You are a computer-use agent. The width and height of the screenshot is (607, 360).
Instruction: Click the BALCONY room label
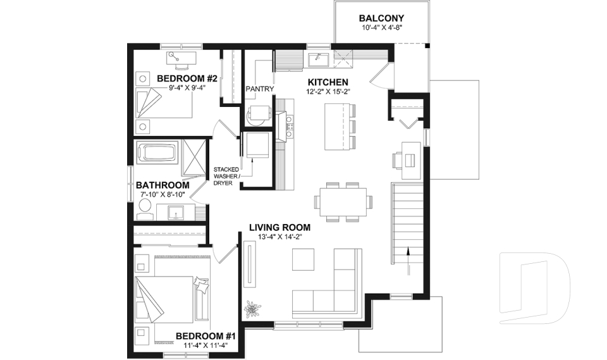(381, 18)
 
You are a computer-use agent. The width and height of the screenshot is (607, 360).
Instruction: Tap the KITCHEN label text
(328, 83)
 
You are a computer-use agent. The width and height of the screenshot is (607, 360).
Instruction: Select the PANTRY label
(259, 89)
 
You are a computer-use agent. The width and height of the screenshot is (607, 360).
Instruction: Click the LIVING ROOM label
(279, 228)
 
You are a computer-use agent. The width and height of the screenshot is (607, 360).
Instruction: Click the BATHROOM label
(162, 185)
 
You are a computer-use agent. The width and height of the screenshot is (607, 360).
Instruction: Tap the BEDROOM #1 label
(205, 336)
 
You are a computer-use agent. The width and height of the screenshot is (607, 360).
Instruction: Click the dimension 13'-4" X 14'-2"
(280, 238)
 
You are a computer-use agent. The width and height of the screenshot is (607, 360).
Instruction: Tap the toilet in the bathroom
(144, 208)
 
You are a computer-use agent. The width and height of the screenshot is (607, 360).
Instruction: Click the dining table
(343, 202)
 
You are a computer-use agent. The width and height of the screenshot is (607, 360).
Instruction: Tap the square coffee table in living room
(303, 259)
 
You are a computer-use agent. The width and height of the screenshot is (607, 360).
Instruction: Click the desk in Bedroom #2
(181, 58)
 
